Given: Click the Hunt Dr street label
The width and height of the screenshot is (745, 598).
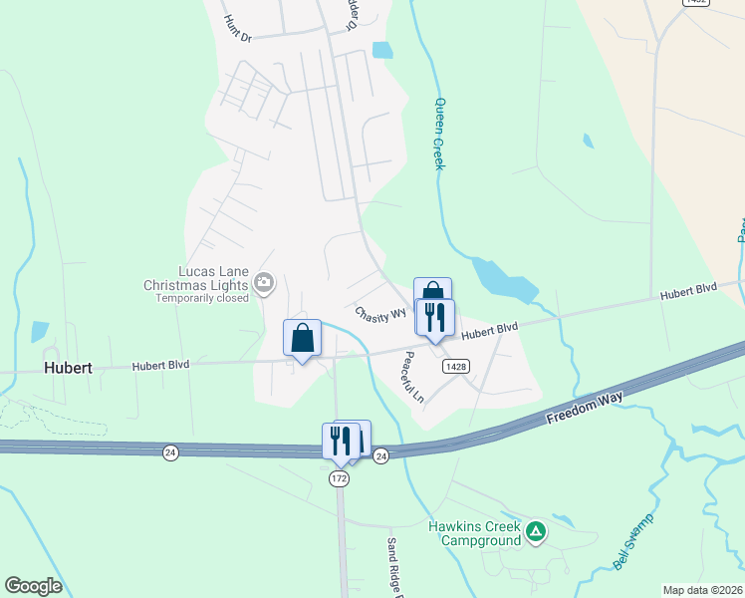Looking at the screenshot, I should pyautogui.click(x=239, y=28).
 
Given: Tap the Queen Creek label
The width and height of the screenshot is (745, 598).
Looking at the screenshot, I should pyautogui.click(x=437, y=133).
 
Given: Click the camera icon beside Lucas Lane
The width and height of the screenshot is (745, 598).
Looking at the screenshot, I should pyautogui.click(x=264, y=284).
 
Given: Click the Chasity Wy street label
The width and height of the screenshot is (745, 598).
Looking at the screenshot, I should pyautogui.click(x=380, y=313).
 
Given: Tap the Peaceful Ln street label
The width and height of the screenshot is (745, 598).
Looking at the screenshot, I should pyautogui.click(x=413, y=376).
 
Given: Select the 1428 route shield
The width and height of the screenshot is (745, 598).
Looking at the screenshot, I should pyautogui.click(x=457, y=367).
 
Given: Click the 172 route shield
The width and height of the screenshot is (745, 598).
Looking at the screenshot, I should pyautogui.click(x=340, y=479).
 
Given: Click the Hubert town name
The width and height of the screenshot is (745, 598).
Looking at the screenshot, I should pyautogui.click(x=68, y=367).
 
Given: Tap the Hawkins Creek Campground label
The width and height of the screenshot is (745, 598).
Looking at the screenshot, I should pyautogui.click(x=475, y=533).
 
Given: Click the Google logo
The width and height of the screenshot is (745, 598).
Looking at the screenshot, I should pyautogui.click(x=33, y=586).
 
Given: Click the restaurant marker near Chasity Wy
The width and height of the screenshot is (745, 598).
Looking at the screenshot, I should pyautogui.click(x=435, y=317).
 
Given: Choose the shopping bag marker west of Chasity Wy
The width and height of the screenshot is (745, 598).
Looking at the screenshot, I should pyautogui.click(x=303, y=338).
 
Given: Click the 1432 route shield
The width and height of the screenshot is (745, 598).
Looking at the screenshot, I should pyautogui.click(x=695, y=3).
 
